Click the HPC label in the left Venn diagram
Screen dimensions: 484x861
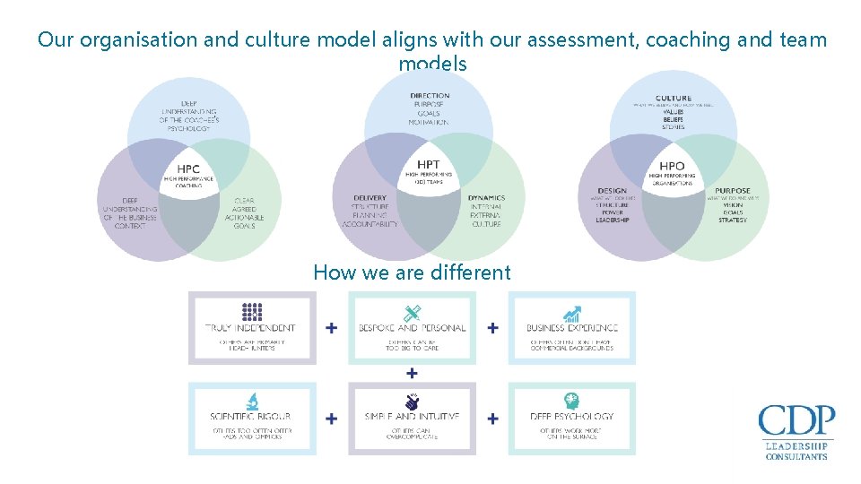188,169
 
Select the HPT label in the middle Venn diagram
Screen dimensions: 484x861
429,165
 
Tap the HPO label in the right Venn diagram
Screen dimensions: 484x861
672,166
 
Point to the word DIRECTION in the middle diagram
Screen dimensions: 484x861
430,96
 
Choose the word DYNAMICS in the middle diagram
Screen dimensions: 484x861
486,198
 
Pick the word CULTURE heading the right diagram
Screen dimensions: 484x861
674,99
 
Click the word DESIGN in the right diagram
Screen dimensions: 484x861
612,191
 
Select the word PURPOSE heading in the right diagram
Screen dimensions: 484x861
732,191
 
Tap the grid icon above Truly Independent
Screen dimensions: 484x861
252,312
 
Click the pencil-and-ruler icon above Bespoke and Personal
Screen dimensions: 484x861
412,313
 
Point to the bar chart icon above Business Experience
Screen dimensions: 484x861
571,314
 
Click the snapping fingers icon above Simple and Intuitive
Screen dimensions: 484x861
412,402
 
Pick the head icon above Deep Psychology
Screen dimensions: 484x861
571,402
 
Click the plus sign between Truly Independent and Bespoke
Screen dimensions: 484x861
332,328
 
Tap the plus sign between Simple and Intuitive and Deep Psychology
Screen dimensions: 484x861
492,418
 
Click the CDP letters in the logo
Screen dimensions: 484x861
796,421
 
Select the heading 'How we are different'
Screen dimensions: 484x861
412,272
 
